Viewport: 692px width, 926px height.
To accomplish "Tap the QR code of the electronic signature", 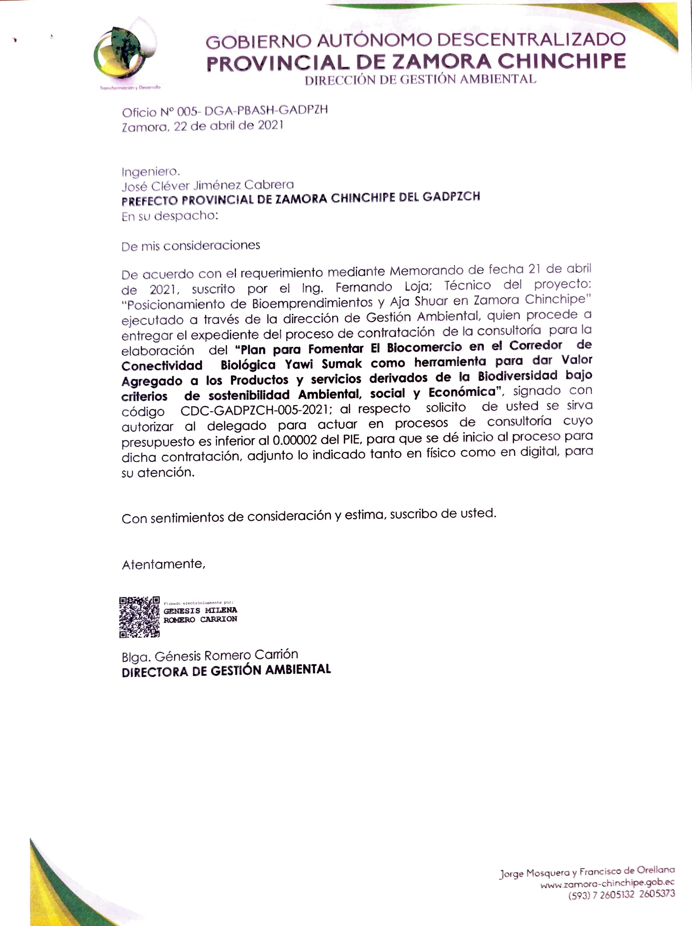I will [x=139, y=617].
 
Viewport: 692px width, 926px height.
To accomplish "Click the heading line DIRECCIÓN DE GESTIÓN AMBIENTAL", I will [x=420, y=79].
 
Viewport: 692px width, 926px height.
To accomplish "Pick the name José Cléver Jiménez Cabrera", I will [x=208, y=185].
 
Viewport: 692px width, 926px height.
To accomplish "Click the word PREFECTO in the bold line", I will [x=149, y=201].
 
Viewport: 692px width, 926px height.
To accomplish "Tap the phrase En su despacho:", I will [x=170, y=216].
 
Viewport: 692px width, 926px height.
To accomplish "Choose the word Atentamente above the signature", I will [x=163, y=564].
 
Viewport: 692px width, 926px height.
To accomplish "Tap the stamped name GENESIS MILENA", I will [x=200, y=610].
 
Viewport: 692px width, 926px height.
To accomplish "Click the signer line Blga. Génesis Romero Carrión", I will [x=210, y=655].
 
